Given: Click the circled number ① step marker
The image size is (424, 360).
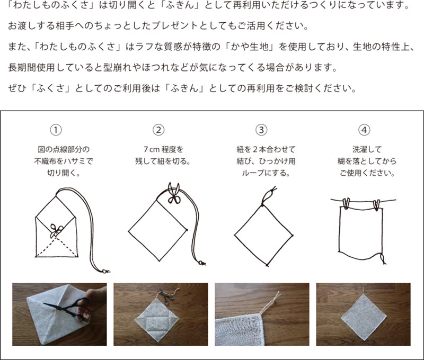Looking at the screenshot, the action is (56, 130).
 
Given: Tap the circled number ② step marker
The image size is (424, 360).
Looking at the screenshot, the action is (158, 130).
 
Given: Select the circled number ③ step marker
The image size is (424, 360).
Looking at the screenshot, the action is (261, 130).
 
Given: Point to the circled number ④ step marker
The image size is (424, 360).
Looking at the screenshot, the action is (364, 130).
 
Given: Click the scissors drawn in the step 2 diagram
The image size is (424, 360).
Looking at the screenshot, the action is (174, 193).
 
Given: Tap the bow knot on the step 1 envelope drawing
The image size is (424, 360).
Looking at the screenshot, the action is (57, 231).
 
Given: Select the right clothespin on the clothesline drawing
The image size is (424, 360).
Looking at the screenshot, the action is (376, 205).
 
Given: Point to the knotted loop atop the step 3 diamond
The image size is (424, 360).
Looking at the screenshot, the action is (268, 196).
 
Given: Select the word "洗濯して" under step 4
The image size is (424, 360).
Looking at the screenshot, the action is (367, 149).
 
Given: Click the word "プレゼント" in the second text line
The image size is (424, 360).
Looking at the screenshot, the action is (175, 26).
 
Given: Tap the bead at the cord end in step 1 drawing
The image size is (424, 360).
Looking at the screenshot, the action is (104, 271).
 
